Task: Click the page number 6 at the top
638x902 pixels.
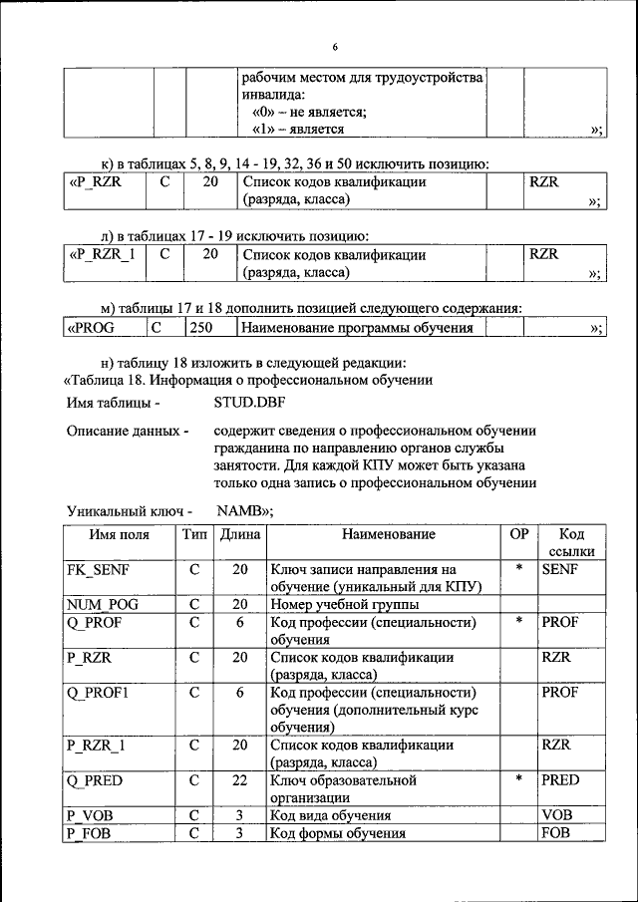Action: coord(335,47)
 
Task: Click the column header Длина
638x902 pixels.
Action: coord(240,535)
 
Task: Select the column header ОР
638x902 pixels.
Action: coord(518,535)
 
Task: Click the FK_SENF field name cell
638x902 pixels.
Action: coord(98,570)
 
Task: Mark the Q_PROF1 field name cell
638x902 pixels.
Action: coord(97,692)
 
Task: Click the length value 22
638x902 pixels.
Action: coord(240,780)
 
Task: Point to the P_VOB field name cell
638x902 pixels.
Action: coord(91,815)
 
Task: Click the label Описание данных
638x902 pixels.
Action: coord(127,432)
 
